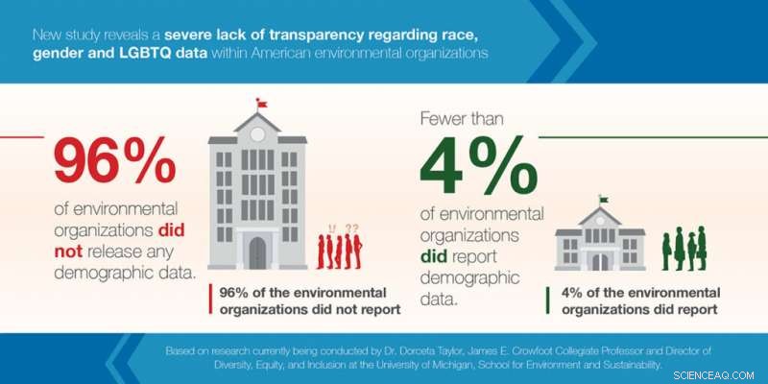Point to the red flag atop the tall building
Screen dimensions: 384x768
coord(261,103)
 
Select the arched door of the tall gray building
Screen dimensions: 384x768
coord(257,253)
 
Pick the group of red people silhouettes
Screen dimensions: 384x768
coord(341,251)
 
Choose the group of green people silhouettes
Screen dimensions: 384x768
coord(684,249)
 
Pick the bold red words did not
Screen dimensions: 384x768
coord(142,241)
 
